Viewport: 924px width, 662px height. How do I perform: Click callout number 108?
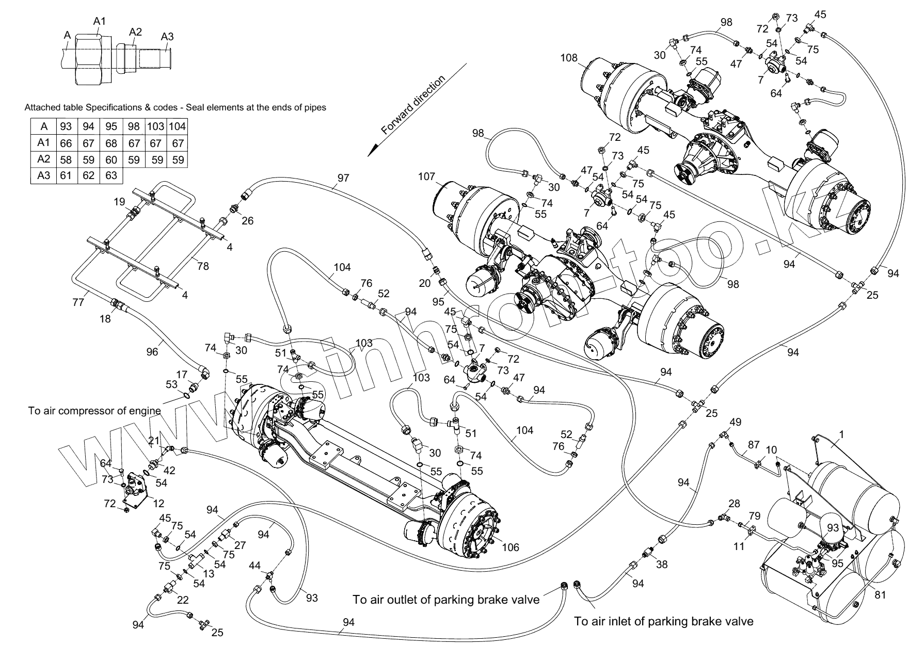click(569, 58)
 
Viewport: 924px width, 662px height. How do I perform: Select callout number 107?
click(427, 177)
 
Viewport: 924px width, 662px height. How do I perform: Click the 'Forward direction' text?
click(413, 106)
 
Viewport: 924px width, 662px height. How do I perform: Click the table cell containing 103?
click(155, 126)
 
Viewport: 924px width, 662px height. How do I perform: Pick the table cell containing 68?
click(111, 143)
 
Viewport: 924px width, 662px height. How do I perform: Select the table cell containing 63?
click(111, 175)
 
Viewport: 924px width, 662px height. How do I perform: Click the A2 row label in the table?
click(44, 159)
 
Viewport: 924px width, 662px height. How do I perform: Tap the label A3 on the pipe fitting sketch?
click(167, 36)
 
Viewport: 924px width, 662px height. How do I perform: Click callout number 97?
click(343, 178)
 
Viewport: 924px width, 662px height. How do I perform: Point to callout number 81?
click(880, 594)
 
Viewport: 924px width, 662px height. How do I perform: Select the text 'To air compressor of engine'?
click(94, 411)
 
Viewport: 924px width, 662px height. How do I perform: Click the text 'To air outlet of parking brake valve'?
click(446, 599)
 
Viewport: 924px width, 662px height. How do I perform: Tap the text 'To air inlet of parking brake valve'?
click(664, 621)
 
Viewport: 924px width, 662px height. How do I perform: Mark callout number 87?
click(754, 445)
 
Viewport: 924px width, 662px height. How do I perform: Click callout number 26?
click(248, 221)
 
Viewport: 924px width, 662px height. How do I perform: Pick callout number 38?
click(661, 564)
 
